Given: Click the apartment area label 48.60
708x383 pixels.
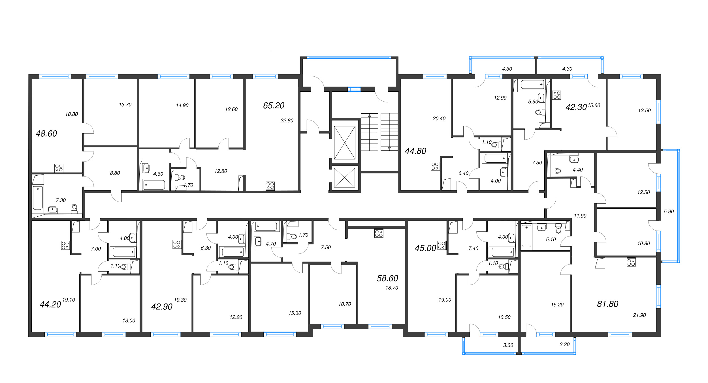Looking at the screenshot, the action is click(x=46, y=134).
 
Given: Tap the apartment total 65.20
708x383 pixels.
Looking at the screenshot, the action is click(x=274, y=106).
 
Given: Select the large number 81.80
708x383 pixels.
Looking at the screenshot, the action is click(x=608, y=304).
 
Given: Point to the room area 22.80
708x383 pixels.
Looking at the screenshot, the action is click(x=287, y=121).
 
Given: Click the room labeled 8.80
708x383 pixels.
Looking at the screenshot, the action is click(x=115, y=173).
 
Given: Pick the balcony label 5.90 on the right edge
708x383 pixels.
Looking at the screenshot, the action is click(x=669, y=211).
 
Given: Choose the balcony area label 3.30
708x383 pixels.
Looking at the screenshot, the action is click(x=508, y=345).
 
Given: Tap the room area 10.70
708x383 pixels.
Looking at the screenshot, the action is click(x=345, y=304).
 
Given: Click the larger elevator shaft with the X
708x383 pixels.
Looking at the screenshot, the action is click(x=345, y=143).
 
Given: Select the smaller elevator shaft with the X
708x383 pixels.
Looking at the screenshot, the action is click(x=345, y=178).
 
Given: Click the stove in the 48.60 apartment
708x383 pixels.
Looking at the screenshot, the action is click(x=59, y=168).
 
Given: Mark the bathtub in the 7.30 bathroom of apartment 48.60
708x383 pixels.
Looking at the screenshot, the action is click(x=38, y=197).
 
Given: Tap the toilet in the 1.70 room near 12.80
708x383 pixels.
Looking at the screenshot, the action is click(x=180, y=177).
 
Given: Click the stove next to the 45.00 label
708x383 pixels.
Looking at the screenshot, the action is click(x=442, y=245).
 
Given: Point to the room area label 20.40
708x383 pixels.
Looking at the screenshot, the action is click(x=439, y=119).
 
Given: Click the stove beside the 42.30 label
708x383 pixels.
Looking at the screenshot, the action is click(x=557, y=95).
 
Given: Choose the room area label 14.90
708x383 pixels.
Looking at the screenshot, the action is click(x=182, y=106).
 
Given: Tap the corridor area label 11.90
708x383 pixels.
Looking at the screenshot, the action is click(x=580, y=216).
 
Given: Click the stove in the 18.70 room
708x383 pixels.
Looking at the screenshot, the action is click(x=379, y=233).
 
